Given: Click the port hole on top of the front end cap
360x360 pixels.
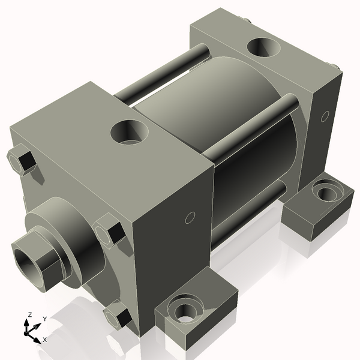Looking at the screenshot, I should tap(130, 131).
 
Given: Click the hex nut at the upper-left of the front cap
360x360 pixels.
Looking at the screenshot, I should tap(22, 161).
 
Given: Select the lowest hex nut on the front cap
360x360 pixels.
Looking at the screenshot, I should tap(119, 316).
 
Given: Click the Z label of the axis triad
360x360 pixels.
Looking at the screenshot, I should tap(29, 315).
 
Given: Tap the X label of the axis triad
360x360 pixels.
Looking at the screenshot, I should tap(44, 340).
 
